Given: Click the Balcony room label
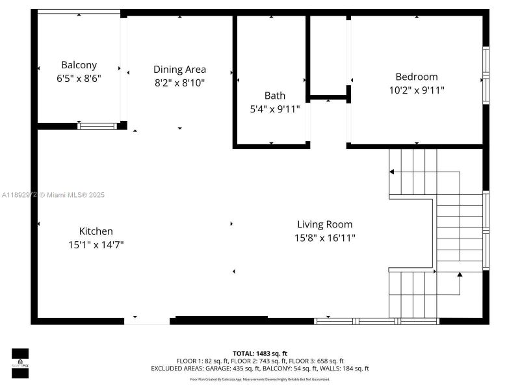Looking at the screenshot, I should click(79, 65).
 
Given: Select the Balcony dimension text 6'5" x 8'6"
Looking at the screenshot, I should click(79, 77).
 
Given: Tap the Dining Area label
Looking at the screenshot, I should click(179, 70).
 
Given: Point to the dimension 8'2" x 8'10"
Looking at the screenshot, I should click(179, 82).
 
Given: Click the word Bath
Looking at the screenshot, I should click(275, 96).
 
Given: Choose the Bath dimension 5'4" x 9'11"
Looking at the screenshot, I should click(275, 109).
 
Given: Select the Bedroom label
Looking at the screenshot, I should click(417, 77).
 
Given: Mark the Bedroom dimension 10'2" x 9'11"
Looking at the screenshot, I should click(417, 90).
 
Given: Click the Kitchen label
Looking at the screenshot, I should click(96, 231).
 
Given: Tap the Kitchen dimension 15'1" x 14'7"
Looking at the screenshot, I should click(96, 245).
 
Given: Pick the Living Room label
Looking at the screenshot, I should click(325, 224).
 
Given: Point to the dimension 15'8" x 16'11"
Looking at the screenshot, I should click(325, 238).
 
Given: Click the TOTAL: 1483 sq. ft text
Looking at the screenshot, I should click(259, 353).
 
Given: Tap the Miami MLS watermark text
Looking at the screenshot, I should click(53, 195).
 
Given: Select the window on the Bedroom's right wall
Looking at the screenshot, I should click(486, 75).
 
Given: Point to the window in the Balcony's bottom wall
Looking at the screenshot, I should click(97, 126).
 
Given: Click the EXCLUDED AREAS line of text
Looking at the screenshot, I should click(259, 369).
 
